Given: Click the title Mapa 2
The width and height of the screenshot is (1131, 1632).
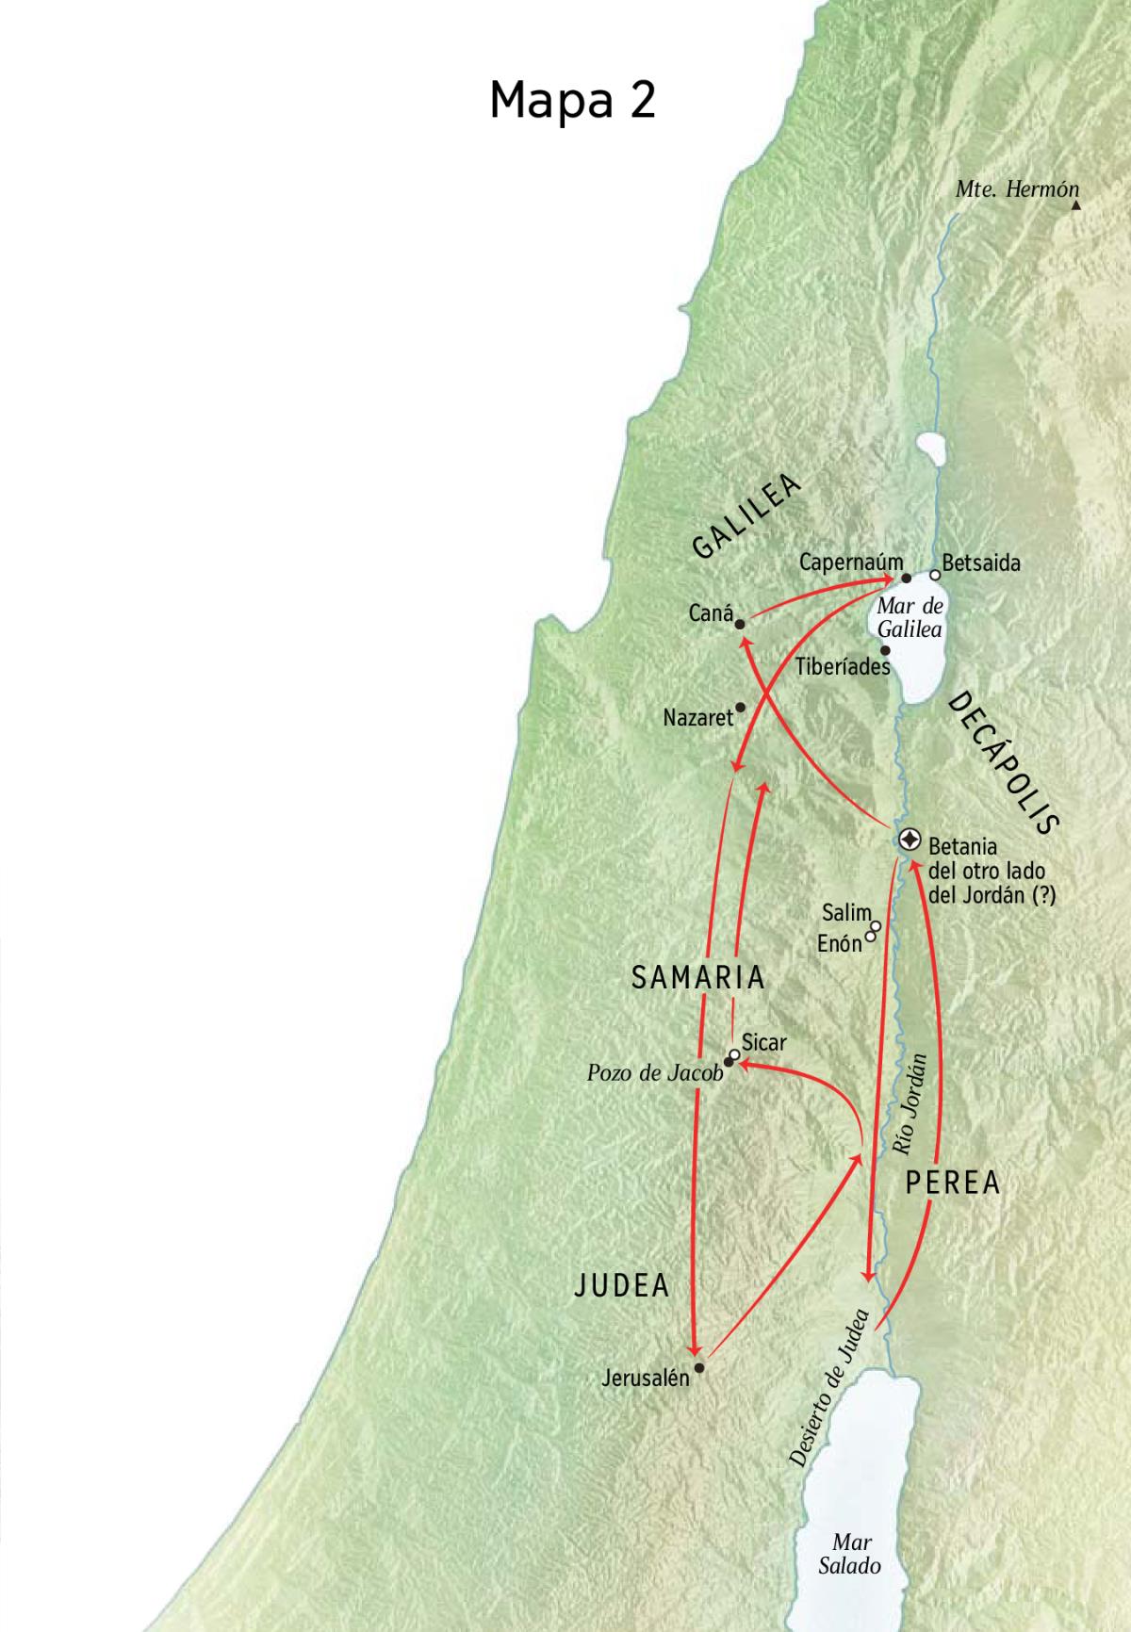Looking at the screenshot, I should (x=572, y=99).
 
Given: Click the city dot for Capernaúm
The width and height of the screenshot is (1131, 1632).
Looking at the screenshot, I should (x=907, y=578).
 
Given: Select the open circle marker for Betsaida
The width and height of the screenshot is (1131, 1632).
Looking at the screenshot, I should (x=935, y=574).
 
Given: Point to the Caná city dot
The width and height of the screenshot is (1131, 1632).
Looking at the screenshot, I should (x=740, y=624).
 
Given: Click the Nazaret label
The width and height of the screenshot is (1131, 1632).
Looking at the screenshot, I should (x=697, y=718).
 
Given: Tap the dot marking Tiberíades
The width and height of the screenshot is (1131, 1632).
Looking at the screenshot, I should (x=885, y=649).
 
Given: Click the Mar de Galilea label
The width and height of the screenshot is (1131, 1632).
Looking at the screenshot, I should (x=910, y=618).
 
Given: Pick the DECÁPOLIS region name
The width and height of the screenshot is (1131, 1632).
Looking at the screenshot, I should (x=1004, y=762).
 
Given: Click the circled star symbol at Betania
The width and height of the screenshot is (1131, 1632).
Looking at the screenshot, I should (x=910, y=839).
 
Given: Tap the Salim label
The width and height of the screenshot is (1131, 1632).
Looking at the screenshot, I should (x=845, y=912).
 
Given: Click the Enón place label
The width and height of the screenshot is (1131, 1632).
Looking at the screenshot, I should (x=840, y=942).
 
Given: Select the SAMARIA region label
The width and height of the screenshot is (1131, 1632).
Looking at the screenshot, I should (x=697, y=978).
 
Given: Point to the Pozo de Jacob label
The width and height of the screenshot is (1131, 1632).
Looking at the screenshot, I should (x=654, y=1072).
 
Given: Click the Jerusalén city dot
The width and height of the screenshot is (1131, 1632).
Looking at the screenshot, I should (x=698, y=1366).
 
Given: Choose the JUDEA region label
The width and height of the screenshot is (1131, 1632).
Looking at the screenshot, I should (x=622, y=1285).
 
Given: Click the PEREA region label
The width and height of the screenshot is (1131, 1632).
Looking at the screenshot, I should (x=952, y=1183).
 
